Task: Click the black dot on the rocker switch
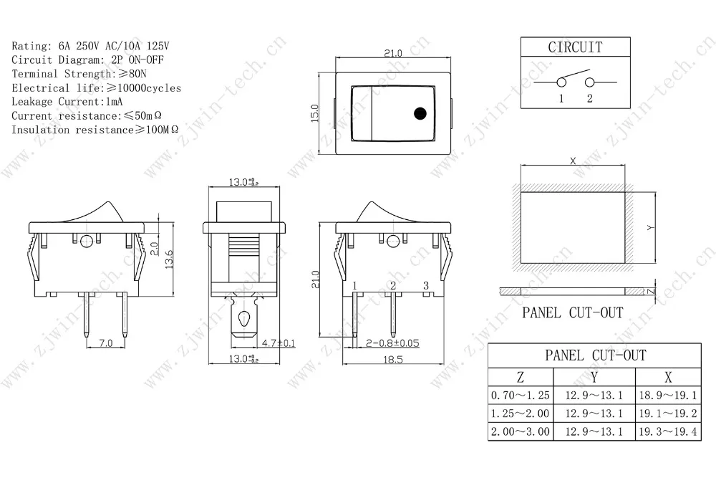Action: [420, 113]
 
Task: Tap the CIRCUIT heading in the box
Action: [575, 47]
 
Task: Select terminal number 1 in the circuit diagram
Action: [561, 98]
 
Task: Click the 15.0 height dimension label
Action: [314, 113]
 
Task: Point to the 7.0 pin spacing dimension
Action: [105, 343]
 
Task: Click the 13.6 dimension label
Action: [169, 259]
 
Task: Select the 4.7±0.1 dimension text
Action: [279, 343]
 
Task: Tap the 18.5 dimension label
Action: [392, 359]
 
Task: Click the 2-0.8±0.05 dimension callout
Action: [392, 343]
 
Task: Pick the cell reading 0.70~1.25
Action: [520, 395]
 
